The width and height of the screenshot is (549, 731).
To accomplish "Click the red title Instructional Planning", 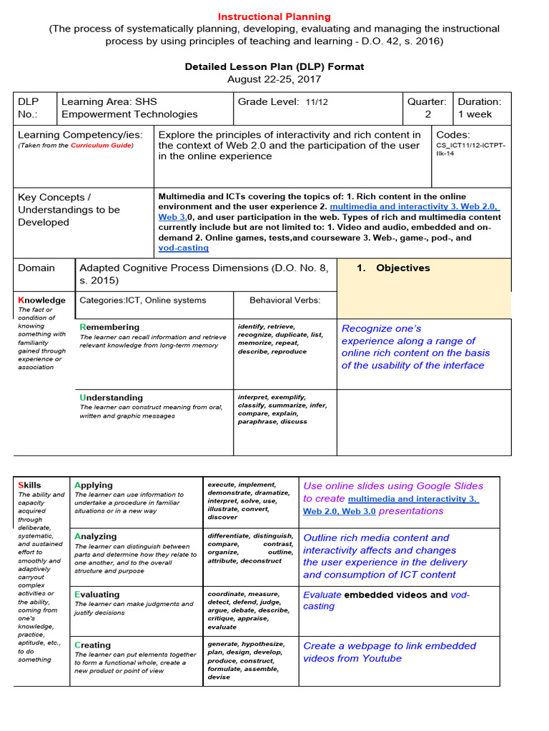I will pos(274,16).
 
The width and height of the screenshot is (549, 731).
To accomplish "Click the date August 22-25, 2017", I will pos(274,79).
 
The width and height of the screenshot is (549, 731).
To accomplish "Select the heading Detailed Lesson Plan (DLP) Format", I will pos(274,66).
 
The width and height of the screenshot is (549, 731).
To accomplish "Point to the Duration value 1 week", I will pos(475,114).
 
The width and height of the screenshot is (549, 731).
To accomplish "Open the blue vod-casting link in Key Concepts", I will pos(183,248).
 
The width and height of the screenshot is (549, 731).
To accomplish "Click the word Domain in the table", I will pos(36,268).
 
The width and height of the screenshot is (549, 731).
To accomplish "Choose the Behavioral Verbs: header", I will pos(285,301).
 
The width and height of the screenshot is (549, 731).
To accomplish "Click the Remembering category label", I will pos(109,327).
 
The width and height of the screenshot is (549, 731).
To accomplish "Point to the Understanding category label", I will pos(111,398).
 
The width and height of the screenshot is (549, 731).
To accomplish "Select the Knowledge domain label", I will pos(41,301).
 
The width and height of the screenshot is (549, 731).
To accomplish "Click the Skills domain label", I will pos(29,485).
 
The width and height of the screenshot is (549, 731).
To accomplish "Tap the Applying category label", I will pos(94,485).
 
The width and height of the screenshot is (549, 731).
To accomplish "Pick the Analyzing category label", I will pos(95,536).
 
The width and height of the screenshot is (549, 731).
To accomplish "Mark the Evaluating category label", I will pos(97,594).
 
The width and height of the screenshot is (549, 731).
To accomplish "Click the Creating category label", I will pos(92,645).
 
